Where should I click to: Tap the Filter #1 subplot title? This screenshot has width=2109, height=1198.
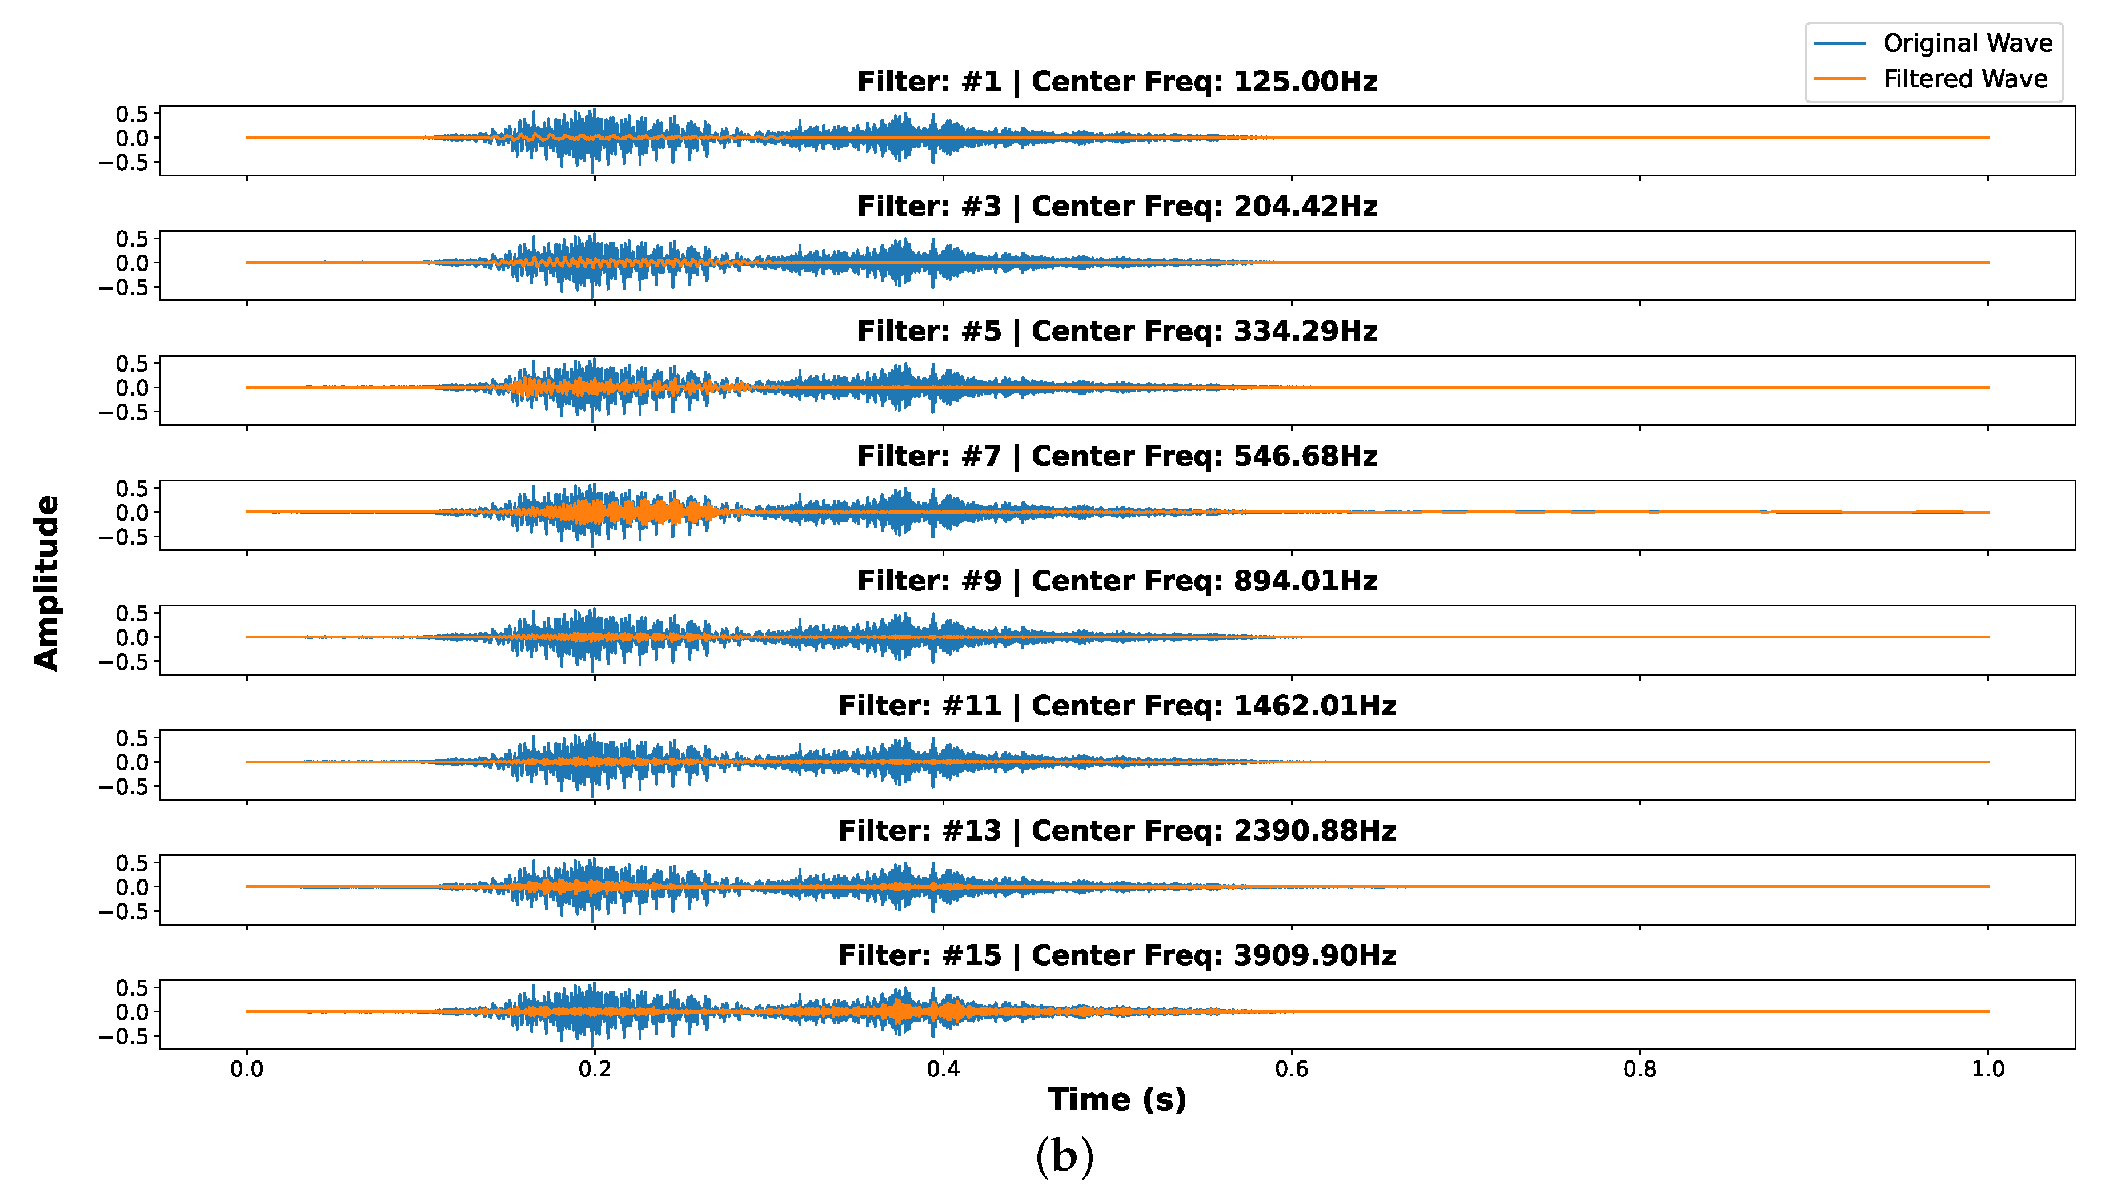pyautogui.click(x=1117, y=82)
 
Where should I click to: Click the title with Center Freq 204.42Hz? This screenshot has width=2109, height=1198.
pyautogui.click(x=1117, y=207)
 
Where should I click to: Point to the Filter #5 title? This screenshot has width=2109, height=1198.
pyautogui.click(x=1117, y=332)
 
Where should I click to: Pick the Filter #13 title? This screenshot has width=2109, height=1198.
pyautogui.click(x=1117, y=831)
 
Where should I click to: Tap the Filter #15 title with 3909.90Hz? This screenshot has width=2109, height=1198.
pyautogui.click(x=1117, y=955)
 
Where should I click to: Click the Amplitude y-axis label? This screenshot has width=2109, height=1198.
pyautogui.click(x=47, y=582)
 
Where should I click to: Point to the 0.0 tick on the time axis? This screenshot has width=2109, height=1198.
pyautogui.click(x=247, y=1069)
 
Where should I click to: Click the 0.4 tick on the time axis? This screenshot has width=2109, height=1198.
pyautogui.click(x=943, y=1069)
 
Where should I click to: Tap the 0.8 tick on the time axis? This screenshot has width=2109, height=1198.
pyautogui.click(x=1640, y=1069)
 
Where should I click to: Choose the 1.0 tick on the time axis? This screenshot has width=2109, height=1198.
pyautogui.click(x=1988, y=1069)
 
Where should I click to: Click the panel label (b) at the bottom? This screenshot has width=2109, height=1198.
pyautogui.click(x=1064, y=1156)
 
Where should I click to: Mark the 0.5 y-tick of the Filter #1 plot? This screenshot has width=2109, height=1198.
pyautogui.click(x=131, y=114)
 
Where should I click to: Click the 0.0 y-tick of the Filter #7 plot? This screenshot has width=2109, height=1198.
pyautogui.click(x=131, y=513)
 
